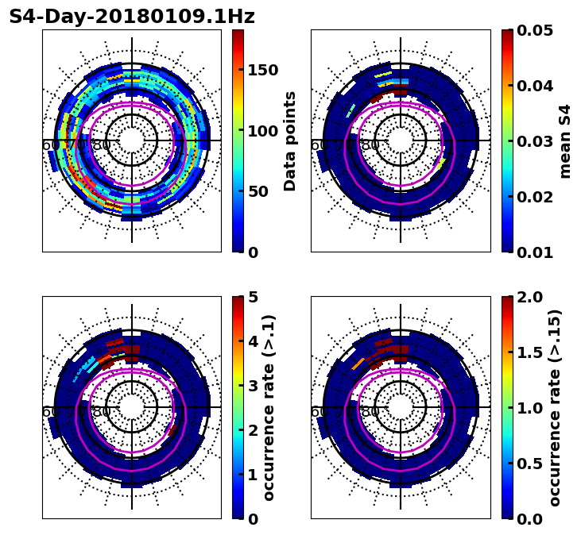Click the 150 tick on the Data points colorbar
point(262,70)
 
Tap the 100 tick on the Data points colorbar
point(262,131)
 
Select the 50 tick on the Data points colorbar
point(258,191)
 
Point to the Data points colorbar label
point(290,140)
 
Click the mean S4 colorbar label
point(565,140)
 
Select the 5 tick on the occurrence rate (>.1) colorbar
point(253,297)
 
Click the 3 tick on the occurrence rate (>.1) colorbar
point(253,386)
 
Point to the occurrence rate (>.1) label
point(269,407)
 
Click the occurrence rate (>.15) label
point(555,407)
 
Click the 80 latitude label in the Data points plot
point(101,145)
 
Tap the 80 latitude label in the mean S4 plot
point(370,145)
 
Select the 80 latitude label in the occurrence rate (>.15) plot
point(370,412)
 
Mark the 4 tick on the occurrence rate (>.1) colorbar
point(253,341)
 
